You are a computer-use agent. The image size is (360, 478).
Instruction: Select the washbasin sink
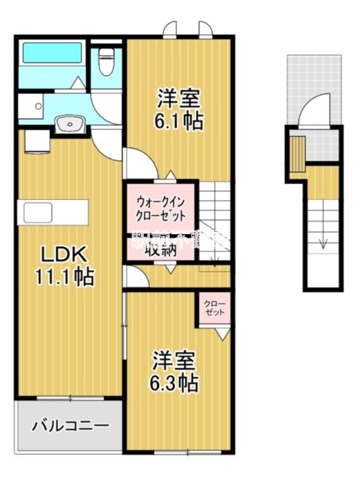[69, 123]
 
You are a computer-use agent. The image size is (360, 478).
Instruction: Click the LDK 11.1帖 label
[64, 267]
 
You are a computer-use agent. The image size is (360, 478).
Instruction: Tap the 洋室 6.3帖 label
[176, 373]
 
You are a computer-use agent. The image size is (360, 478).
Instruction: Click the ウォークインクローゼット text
[160, 208]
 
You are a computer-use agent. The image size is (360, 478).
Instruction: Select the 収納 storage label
[160, 246]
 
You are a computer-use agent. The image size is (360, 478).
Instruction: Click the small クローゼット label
[214, 308]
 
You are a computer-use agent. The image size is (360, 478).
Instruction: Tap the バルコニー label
[69, 425]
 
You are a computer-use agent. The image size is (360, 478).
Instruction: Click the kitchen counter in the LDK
[54, 213]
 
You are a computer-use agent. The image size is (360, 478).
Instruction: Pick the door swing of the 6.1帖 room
[137, 167]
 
